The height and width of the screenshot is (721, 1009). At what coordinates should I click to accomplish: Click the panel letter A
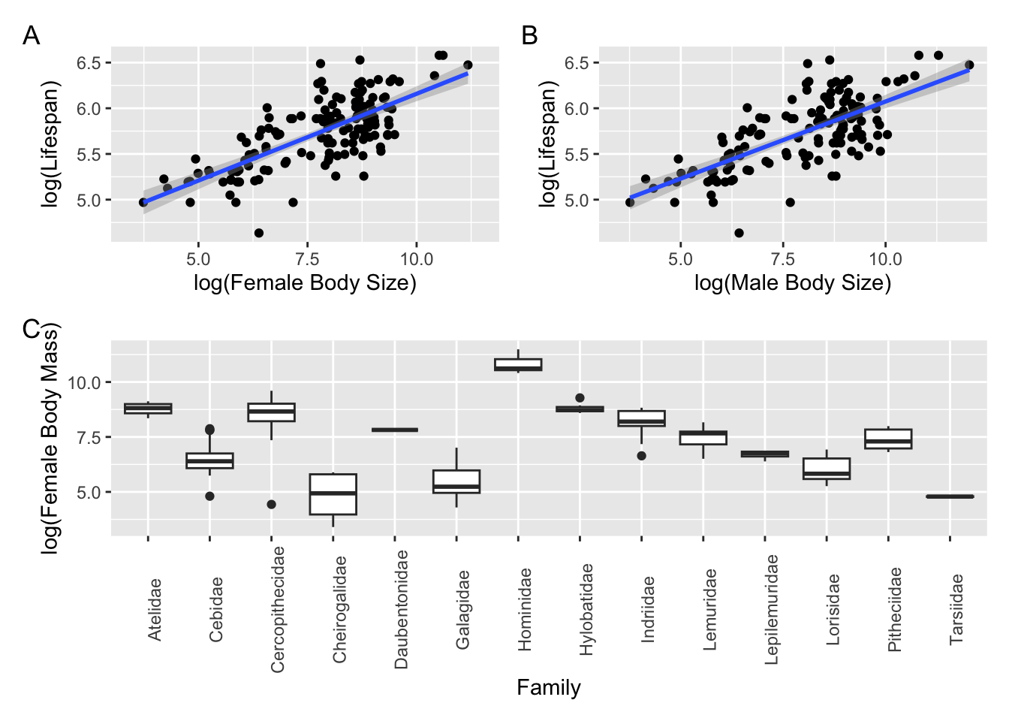coord(31,35)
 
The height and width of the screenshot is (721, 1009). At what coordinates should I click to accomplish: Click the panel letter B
coord(529,35)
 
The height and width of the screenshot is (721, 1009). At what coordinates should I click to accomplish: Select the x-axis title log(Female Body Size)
coord(305,282)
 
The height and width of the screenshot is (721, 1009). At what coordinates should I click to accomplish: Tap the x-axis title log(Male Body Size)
coord(792,282)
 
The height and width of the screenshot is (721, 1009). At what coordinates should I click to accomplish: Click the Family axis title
coord(548,687)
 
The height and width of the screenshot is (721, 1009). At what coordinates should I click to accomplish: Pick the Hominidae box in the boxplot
coord(518,365)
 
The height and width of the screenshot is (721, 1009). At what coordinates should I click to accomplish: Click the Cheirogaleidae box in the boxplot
coord(333,494)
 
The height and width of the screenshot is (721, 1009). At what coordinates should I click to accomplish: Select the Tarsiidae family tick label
coord(956,609)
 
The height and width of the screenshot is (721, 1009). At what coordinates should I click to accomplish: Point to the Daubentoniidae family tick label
coord(402,609)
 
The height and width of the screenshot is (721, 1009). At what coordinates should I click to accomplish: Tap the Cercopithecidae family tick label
coord(278,609)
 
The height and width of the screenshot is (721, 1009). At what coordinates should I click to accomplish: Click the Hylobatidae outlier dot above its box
coord(580,398)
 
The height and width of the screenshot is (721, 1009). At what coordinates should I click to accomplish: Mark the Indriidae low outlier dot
coord(642,456)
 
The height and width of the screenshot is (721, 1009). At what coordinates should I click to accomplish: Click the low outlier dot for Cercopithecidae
coord(271,505)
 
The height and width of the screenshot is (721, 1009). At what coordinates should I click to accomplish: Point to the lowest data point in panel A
coord(259,233)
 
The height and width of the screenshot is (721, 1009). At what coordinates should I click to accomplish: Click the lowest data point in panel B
coord(739,233)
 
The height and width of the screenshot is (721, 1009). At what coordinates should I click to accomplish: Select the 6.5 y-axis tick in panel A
coord(89,63)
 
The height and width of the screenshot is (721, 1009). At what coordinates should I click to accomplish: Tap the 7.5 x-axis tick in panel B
coord(782,259)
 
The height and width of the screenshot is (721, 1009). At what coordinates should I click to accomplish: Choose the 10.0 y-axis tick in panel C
coord(84,382)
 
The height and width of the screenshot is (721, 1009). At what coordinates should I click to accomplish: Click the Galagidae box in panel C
coord(456,481)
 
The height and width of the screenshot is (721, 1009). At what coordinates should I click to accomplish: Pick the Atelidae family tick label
coord(155,609)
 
